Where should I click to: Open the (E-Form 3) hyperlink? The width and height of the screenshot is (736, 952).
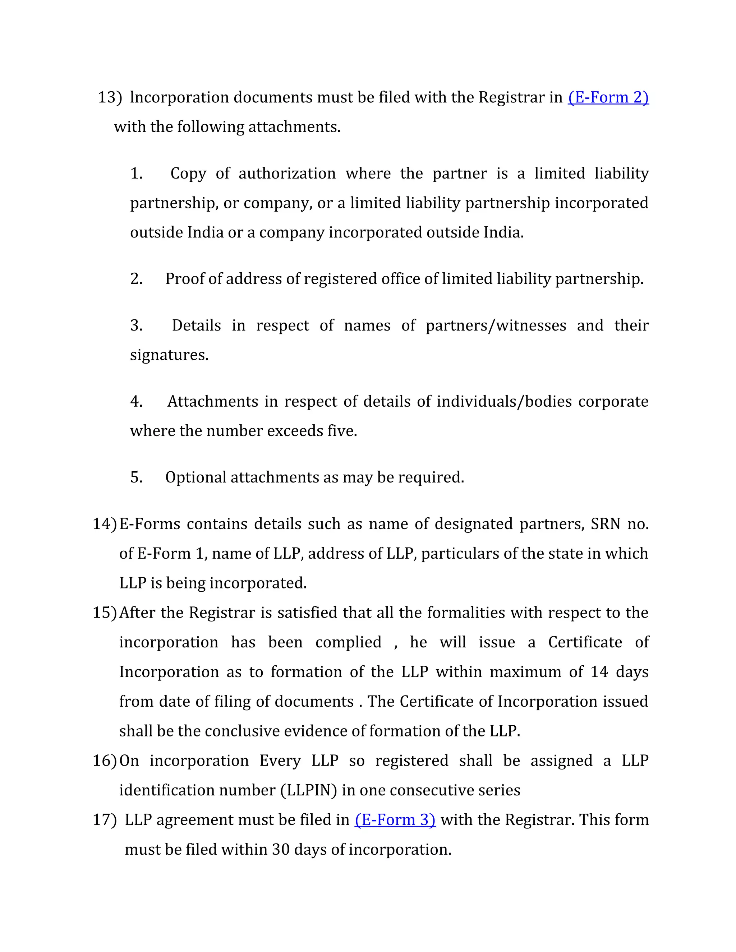[x=395, y=820]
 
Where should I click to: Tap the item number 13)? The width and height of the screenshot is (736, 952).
[x=110, y=97]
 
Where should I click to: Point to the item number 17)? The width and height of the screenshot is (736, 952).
[x=105, y=820]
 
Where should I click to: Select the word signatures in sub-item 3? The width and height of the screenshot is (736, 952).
[x=169, y=355]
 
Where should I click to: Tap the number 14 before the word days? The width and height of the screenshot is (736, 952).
[x=599, y=672]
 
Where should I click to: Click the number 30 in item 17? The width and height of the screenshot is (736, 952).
[x=281, y=850]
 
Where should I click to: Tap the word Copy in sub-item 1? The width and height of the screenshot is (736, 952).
[x=188, y=174]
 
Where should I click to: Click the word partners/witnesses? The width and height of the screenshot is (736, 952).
[x=496, y=325]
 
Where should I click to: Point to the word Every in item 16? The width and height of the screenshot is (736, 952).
[x=280, y=761]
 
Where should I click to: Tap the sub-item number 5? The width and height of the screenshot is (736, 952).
[x=136, y=478]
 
